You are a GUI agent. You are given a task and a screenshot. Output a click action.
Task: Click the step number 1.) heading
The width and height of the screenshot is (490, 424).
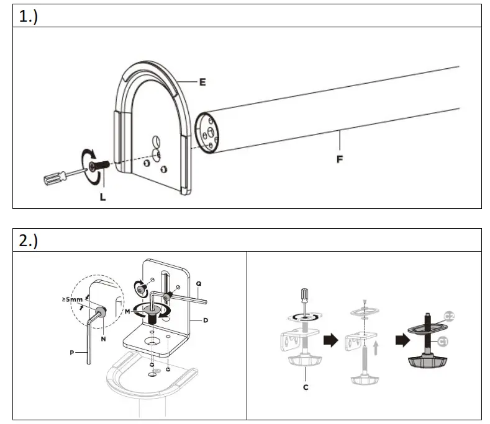click(x=29, y=17)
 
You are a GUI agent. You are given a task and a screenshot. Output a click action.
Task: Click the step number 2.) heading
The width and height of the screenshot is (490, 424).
click(x=29, y=241)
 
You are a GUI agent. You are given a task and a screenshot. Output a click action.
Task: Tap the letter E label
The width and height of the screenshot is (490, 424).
click(x=202, y=81)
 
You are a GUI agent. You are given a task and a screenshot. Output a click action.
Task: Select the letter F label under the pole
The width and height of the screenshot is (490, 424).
click(x=340, y=159)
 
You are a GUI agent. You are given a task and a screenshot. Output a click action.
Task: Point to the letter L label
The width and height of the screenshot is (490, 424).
click(x=102, y=197)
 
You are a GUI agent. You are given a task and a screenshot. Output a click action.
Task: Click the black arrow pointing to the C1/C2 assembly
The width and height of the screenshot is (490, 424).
click(x=402, y=339)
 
